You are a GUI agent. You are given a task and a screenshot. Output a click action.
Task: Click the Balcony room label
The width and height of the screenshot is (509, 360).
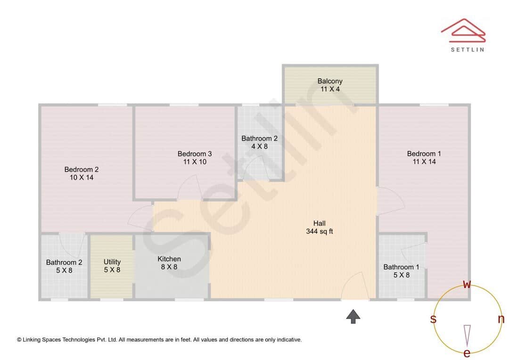(x=330, y=85)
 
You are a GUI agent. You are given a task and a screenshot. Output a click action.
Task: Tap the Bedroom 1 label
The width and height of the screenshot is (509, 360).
(x=424, y=157)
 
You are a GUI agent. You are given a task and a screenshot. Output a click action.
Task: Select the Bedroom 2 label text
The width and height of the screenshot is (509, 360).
(x=82, y=173)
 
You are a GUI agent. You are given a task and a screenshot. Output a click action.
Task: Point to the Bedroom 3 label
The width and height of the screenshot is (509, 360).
(x=195, y=157)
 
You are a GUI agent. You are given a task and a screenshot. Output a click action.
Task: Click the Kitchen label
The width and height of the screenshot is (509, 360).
(x=169, y=262)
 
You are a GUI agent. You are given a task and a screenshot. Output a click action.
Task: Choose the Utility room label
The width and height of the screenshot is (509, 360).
(x=112, y=266)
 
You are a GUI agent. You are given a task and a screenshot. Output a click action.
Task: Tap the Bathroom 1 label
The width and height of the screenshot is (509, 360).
(x=401, y=271)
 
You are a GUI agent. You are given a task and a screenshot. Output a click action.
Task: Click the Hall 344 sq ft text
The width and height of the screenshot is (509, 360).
(x=320, y=227)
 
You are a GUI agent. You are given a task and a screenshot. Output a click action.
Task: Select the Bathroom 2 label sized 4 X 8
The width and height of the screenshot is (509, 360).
(x=259, y=142)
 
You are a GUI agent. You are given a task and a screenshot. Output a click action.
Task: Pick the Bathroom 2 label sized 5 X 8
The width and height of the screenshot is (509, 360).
(x=64, y=266)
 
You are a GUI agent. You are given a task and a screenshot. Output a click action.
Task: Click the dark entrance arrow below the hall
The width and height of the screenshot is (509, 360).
(x=353, y=316)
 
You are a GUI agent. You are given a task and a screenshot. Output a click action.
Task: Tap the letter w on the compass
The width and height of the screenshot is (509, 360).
(x=467, y=284)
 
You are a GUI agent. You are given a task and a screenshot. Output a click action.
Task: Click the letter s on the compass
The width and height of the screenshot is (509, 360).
(x=433, y=319)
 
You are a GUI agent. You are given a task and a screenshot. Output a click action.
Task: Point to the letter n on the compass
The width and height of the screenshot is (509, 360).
(x=501, y=319)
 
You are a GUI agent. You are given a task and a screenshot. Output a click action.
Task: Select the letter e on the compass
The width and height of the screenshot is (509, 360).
(x=467, y=353)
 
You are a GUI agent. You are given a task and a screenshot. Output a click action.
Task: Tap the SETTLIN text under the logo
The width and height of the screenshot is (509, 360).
(x=467, y=49)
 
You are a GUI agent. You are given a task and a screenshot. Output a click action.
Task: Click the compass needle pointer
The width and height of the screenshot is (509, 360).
(x=467, y=335)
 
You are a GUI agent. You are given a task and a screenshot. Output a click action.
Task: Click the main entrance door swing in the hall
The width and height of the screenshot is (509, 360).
(x=355, y=286)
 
